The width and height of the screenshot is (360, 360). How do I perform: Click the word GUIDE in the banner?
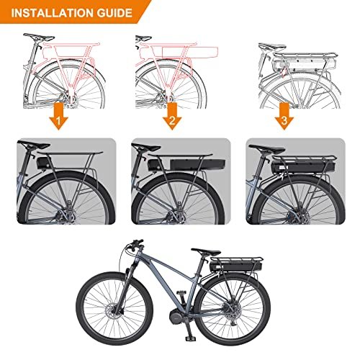[x=114, y=13]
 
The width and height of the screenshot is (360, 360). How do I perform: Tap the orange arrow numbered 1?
[x=58, y=116]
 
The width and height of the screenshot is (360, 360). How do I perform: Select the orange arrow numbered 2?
[x=172, y=116]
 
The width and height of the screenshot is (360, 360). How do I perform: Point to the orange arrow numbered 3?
[x=284, y=116]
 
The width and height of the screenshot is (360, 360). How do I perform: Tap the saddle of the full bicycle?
[x=206, y=252]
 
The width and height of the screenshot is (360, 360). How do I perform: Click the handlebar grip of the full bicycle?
[x=138, y=241]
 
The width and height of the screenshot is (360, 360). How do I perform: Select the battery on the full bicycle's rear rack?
[x=235, y=266]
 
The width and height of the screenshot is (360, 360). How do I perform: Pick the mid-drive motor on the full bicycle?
[x=178, y=317]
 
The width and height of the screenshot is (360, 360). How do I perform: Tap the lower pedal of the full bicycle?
[x=190, y=338]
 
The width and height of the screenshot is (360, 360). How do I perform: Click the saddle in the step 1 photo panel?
[x=33, y=145]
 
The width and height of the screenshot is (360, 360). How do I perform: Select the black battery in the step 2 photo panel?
[x=197, y=164]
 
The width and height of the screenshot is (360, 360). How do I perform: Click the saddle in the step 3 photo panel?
[x=266, y=149]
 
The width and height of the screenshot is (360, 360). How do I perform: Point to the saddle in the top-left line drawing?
[x=39, y=37]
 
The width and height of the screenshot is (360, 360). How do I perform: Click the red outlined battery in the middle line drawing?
[x=190, y=52]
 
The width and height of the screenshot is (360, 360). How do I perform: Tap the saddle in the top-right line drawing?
[x=272, y=46]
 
